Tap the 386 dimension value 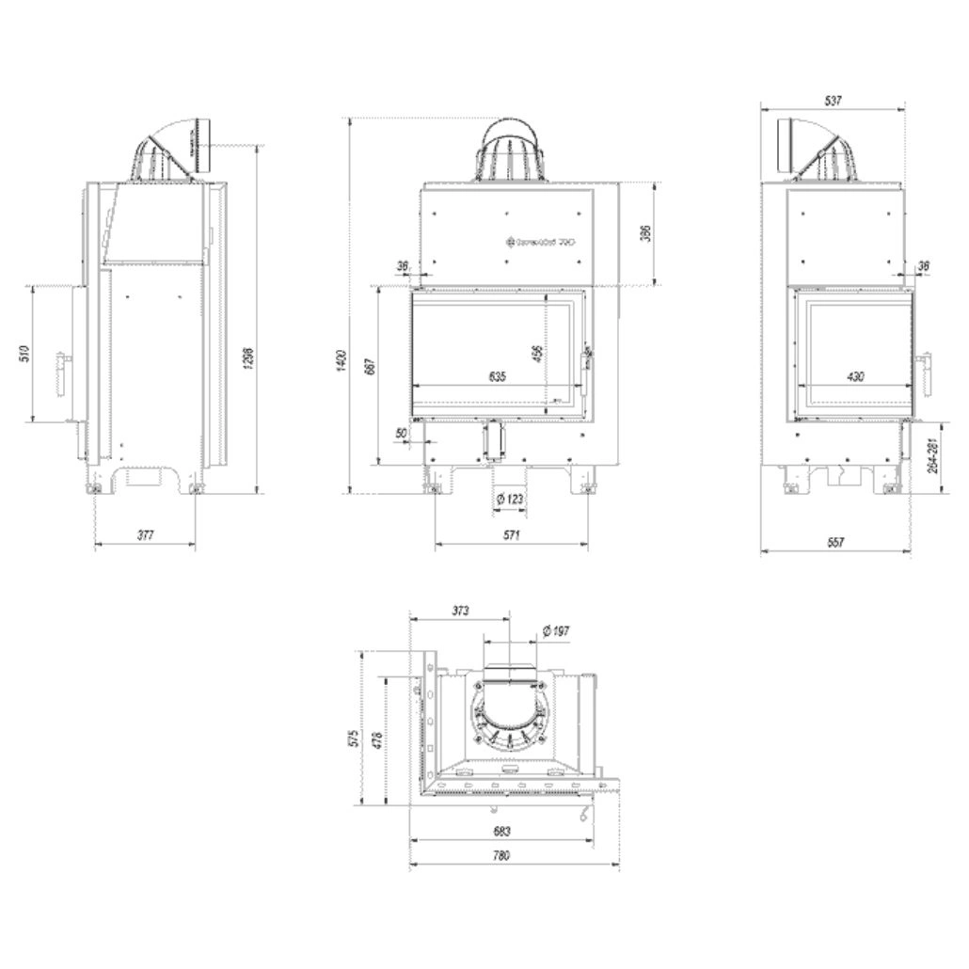[x=645, y=233]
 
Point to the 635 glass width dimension [x=497, y=376]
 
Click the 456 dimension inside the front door [x=537, y=354]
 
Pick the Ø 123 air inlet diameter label [x=509, y=499]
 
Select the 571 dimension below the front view [x=511, y=535]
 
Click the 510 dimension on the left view [x=25, y=354]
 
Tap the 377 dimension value [x=145, y=535]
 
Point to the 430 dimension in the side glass [x=855, y=376]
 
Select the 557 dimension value [x=835, y=542]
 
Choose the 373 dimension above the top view [x=459, y=611]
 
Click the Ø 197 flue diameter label [x=556, y=630]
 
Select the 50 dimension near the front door [x=403, y=432]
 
